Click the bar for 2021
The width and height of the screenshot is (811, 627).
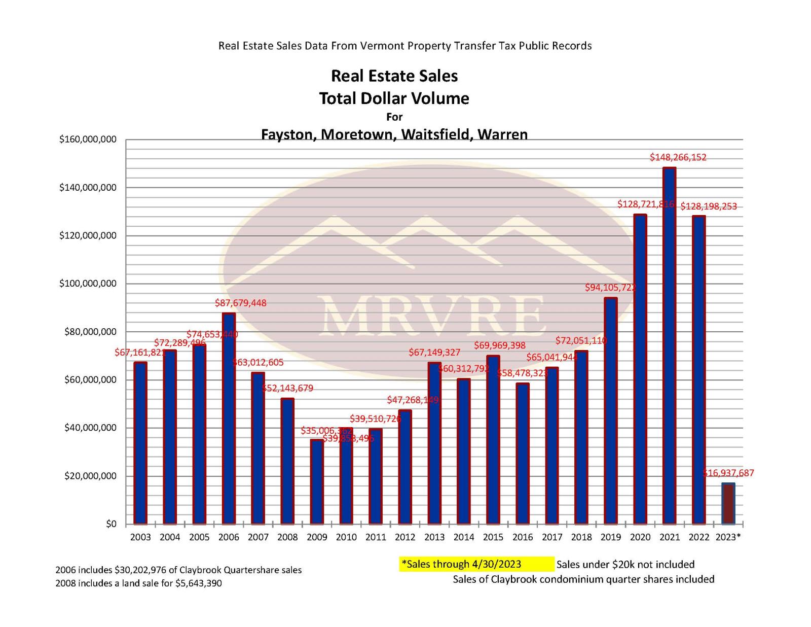669,345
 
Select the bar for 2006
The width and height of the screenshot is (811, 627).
229,418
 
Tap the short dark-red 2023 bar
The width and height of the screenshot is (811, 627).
728,503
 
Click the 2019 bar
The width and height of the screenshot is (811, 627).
611,410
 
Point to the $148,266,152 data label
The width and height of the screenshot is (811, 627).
678,157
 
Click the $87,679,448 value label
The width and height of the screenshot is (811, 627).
241,303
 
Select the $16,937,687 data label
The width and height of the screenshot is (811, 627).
728,473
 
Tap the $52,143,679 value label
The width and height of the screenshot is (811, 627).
288,388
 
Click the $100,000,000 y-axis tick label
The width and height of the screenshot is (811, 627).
88,284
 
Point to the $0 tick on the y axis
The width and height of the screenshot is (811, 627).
111,524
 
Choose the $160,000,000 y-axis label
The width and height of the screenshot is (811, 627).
88,140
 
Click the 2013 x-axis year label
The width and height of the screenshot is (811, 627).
434,537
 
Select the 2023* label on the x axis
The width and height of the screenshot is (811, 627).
728,537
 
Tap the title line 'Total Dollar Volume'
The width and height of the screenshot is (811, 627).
394,98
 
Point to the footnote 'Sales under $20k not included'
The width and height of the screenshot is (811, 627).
625,564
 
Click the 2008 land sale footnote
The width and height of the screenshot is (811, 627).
138,583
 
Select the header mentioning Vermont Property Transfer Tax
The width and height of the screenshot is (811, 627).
405,46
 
